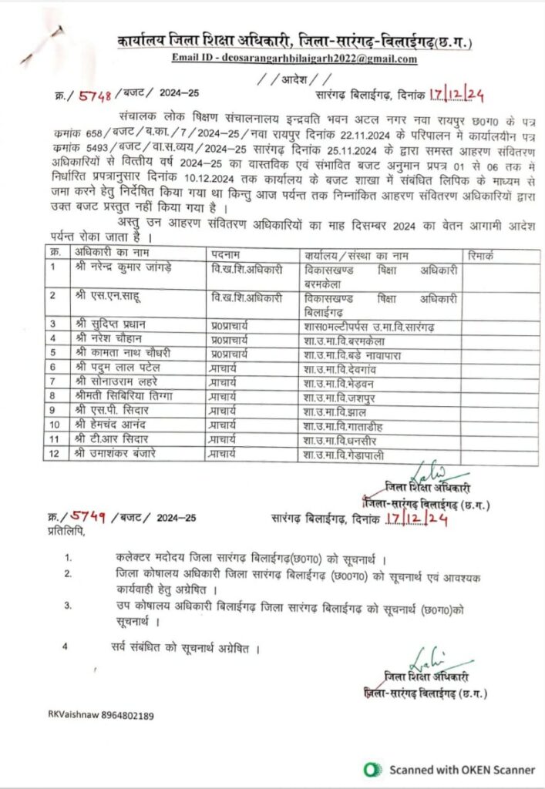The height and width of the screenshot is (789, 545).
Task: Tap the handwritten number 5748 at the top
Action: click(96, 95)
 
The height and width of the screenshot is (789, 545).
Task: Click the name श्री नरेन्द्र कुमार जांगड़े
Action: click(122, 267)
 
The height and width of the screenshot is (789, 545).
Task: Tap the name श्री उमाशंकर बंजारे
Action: click(116, 453)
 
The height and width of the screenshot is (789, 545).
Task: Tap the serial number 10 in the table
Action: click(55, 425)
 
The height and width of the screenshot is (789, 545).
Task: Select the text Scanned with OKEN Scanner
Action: click(462, 769)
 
